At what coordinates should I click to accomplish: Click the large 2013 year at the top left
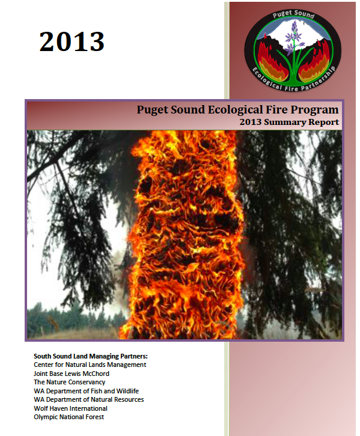pos(72,41)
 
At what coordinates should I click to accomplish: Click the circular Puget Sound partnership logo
pos(293,51)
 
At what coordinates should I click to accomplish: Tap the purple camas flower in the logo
pos(294,38)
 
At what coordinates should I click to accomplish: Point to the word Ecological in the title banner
pos(236,110)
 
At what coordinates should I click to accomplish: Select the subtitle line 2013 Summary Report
pos(289,122)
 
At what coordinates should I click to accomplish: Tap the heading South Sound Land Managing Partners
pos(91,356)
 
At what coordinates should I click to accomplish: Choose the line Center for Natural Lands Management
pos(90,365)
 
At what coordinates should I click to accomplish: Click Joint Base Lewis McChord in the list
pos(72,374)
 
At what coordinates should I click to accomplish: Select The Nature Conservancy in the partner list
pos(70,382)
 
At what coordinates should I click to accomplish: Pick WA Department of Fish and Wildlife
pos(87,391)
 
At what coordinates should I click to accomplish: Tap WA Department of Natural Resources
pos(89,399)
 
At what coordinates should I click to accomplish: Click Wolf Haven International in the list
pos(70,408)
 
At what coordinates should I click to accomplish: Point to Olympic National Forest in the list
pos(69,417)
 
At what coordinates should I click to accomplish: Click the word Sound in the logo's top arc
pos(304,14)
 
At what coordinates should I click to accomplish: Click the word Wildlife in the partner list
pos(127,391)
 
